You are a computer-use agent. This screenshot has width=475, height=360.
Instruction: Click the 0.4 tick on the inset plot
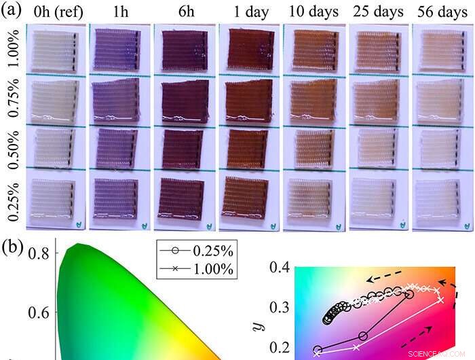[x=280, y=269]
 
